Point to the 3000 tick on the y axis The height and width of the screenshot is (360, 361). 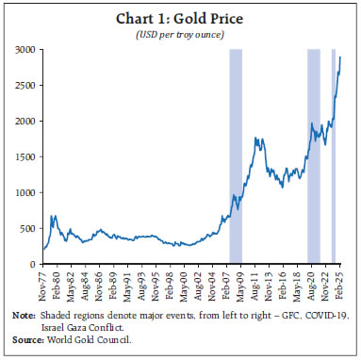[x=25, y=49]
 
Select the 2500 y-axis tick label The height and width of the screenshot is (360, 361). [x=25, y=85]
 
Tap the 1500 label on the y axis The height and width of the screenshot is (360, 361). [x=25, y=157]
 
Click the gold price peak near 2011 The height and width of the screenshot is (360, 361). [x=255, y=138]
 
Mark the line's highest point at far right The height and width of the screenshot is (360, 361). [x=340, y=57]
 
